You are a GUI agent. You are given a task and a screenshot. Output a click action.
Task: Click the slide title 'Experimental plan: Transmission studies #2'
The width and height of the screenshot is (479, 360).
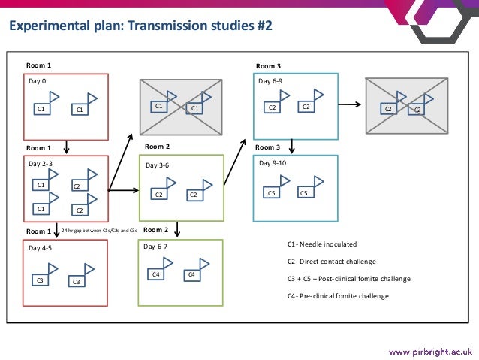(140, 27)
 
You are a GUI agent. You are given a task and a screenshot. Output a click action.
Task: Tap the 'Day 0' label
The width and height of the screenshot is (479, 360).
(37, 80)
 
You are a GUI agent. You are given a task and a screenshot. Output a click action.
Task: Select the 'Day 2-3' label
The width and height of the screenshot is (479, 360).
(41, 163)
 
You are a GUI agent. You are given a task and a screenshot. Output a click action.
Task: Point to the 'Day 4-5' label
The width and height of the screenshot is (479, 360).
(41, 247)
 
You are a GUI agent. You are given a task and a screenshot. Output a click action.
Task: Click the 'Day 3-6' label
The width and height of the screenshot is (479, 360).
(155, 165)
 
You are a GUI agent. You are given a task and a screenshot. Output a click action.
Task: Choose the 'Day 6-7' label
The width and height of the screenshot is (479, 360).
(155, 247)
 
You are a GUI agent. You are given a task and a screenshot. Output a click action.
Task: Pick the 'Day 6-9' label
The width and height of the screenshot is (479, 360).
(270, 80)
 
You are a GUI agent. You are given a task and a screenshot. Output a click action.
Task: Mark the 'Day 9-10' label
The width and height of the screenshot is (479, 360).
(272, 163)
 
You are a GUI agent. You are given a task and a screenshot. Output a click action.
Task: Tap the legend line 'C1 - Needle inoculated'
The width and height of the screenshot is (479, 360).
(321, 244)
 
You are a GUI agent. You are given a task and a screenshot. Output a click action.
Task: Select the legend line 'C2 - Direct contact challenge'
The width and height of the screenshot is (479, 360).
(331, 262)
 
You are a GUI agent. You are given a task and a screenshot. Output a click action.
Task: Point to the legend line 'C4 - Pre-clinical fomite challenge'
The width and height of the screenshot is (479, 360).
(338, 295)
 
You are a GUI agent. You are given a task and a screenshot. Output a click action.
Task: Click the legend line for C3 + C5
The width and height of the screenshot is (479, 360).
(348, 279)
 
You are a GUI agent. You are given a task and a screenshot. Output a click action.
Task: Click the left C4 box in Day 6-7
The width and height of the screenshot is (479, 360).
(156, 275)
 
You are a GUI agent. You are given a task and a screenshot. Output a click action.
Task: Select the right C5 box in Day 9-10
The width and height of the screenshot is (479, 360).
(303, 192)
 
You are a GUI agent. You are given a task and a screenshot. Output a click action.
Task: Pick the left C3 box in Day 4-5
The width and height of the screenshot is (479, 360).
(41, 280)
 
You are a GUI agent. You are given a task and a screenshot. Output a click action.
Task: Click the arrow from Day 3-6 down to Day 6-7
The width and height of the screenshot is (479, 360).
(176, 228)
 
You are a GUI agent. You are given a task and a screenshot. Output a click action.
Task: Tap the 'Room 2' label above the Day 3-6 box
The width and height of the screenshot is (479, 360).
(157, 147)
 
